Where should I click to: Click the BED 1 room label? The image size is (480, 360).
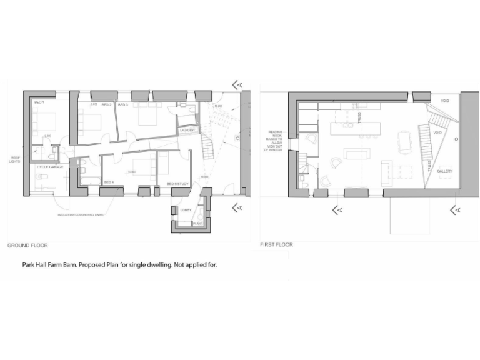(38, 102)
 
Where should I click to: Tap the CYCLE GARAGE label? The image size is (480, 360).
(49, 167)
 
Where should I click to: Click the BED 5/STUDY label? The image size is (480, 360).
(177, 184)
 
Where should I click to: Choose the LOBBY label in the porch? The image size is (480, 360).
(186, 210)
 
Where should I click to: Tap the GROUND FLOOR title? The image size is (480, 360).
(27, 246)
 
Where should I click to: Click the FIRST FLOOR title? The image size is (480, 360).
(276, 244)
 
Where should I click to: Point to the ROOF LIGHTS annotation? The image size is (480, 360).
(15, 159)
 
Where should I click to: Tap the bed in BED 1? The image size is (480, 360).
(44, 119)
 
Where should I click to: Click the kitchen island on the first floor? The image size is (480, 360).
(355, 129)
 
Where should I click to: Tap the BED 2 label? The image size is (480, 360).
(106, 105)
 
